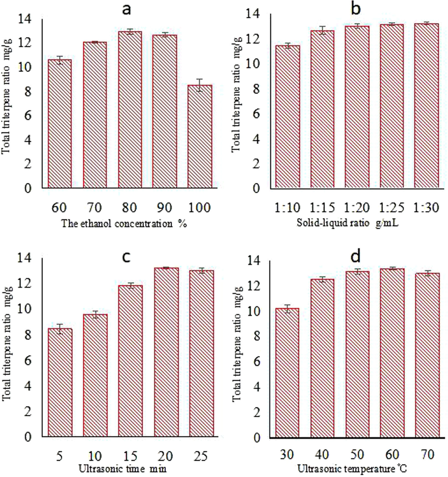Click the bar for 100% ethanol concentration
click(x=200, y=137)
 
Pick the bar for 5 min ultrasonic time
click(x=60, y=382)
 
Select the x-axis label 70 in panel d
click(x=428, y=455)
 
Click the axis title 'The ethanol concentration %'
click(x=124, y=224)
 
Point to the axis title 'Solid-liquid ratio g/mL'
click(x=347, y=223)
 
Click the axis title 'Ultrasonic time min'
click(x=123, y=469)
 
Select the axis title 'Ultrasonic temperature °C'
click(x=352, y=469)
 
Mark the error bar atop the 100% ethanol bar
click(x=200, y=85)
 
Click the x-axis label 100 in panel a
click(x=200, y=208)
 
